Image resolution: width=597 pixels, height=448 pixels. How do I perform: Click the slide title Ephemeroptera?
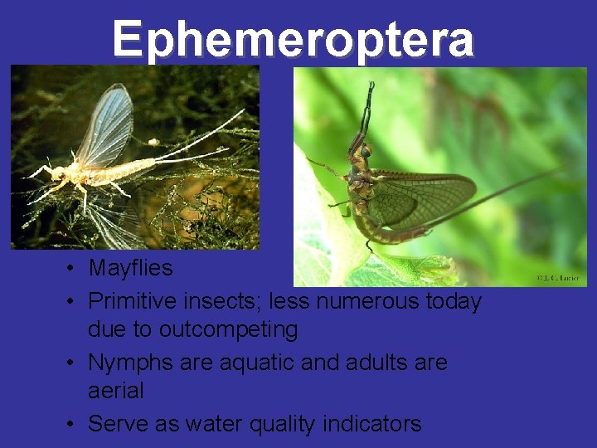click(x=294, y=38)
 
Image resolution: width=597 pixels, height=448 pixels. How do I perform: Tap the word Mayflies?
click(x=130, y=268)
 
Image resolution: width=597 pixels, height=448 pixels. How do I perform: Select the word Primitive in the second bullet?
click(x=129, y=300)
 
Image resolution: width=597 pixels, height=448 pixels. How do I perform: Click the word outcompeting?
click(x=228, y=329)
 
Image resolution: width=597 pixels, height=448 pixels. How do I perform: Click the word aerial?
click(x=115, y=390)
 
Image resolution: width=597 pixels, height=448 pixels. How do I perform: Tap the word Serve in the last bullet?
click(x=117, y=423)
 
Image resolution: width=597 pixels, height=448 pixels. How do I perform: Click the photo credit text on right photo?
click(x=559, y=277)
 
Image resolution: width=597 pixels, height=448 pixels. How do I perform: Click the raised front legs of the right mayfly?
click(x=366, y=108)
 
